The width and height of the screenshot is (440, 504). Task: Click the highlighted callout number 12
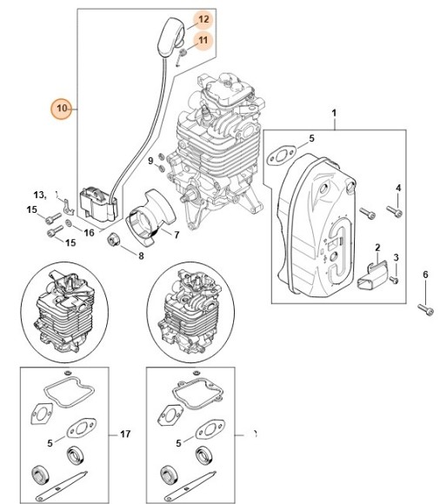pyautogui.click(x=202, y=19)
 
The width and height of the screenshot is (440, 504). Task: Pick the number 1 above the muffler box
pyautogui.click(x=334, y=113)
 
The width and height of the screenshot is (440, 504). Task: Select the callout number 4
pyautogui.click(x=398, y=189)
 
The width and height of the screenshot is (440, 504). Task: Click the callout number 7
pyautogui.click(x=177, y=235)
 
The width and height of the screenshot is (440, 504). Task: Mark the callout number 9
pyautogui.click(x=150, y=161)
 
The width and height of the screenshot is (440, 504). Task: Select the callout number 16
pyautogui.click(x=90, y=233)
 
